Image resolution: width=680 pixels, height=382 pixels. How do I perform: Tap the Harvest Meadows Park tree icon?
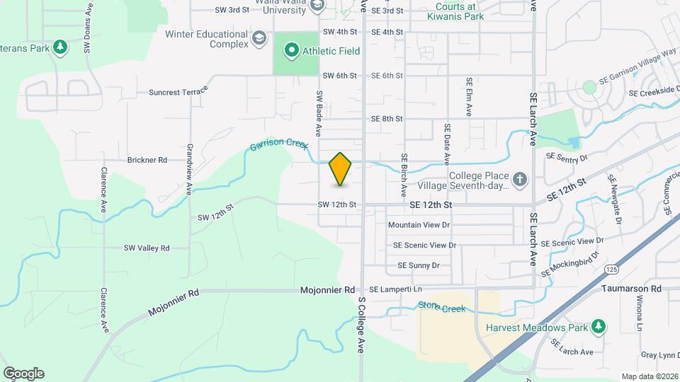(x=599, y=326)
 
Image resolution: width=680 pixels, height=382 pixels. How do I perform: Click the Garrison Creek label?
(x=279, y=144)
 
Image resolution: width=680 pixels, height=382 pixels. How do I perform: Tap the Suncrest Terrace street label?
(x=178, y=91)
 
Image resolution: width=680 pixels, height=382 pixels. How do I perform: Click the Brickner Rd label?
(x=147, y=160)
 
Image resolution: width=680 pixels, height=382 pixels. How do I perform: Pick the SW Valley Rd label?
(x=147, y=248)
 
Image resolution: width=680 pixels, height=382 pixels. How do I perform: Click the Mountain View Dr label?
(x=419, y=225)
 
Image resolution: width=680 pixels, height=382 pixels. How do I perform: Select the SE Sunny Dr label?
(x=419, y=265)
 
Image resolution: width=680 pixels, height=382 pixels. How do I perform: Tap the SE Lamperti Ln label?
(x=395, y=290)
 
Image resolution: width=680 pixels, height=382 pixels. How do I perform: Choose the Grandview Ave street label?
(x=190, y=170)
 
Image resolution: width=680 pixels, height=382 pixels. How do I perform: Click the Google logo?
(x=23, y=374)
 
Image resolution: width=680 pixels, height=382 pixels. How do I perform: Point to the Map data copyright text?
(x=649, y=376)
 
